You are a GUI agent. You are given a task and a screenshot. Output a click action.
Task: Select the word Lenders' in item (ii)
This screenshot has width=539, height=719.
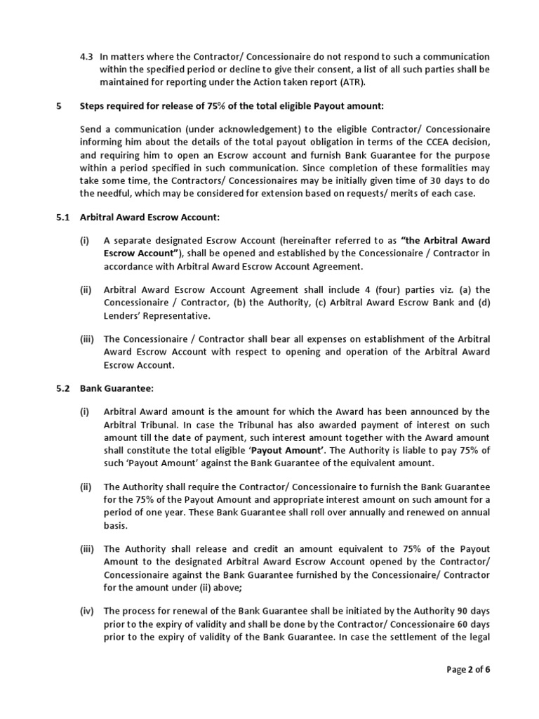tap(124, 316)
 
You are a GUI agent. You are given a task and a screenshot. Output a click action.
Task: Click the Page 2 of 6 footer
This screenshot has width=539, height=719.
tap(469, 669)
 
